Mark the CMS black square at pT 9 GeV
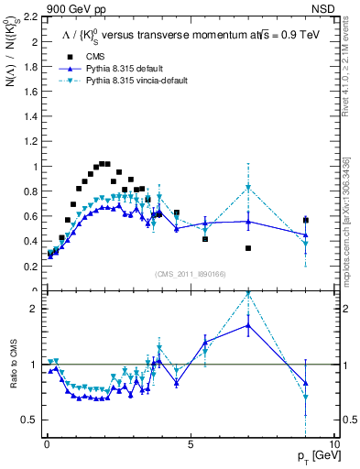(x=306, y=221)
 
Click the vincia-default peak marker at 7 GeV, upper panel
(x=248, y=188)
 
